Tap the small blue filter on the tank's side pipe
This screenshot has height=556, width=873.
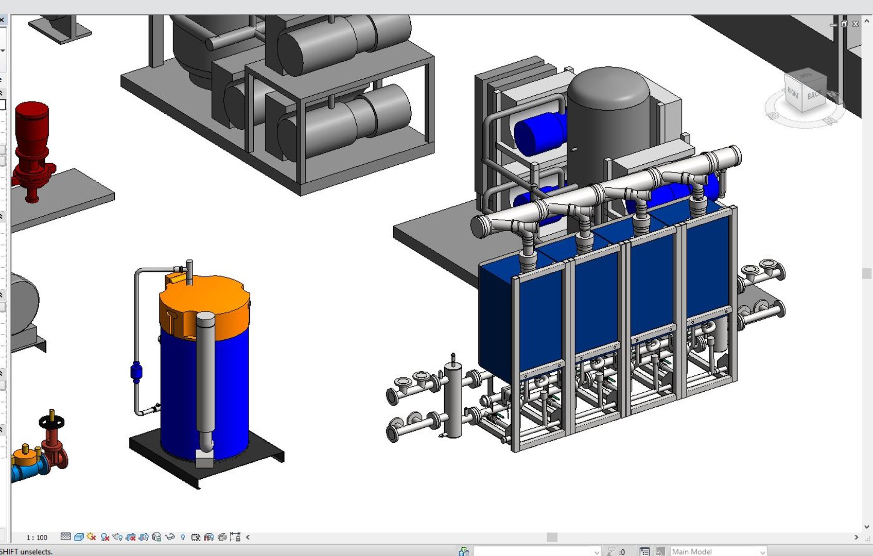(x=136, y=372)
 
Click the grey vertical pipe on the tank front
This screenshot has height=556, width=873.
(x=205, y=376)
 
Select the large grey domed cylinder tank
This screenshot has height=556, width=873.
(x=608, y=124)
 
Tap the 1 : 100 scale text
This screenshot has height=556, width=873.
(x=37, y=537)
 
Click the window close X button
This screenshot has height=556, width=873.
(x=855, y=24)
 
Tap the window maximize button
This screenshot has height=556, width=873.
(x=844, y=24)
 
